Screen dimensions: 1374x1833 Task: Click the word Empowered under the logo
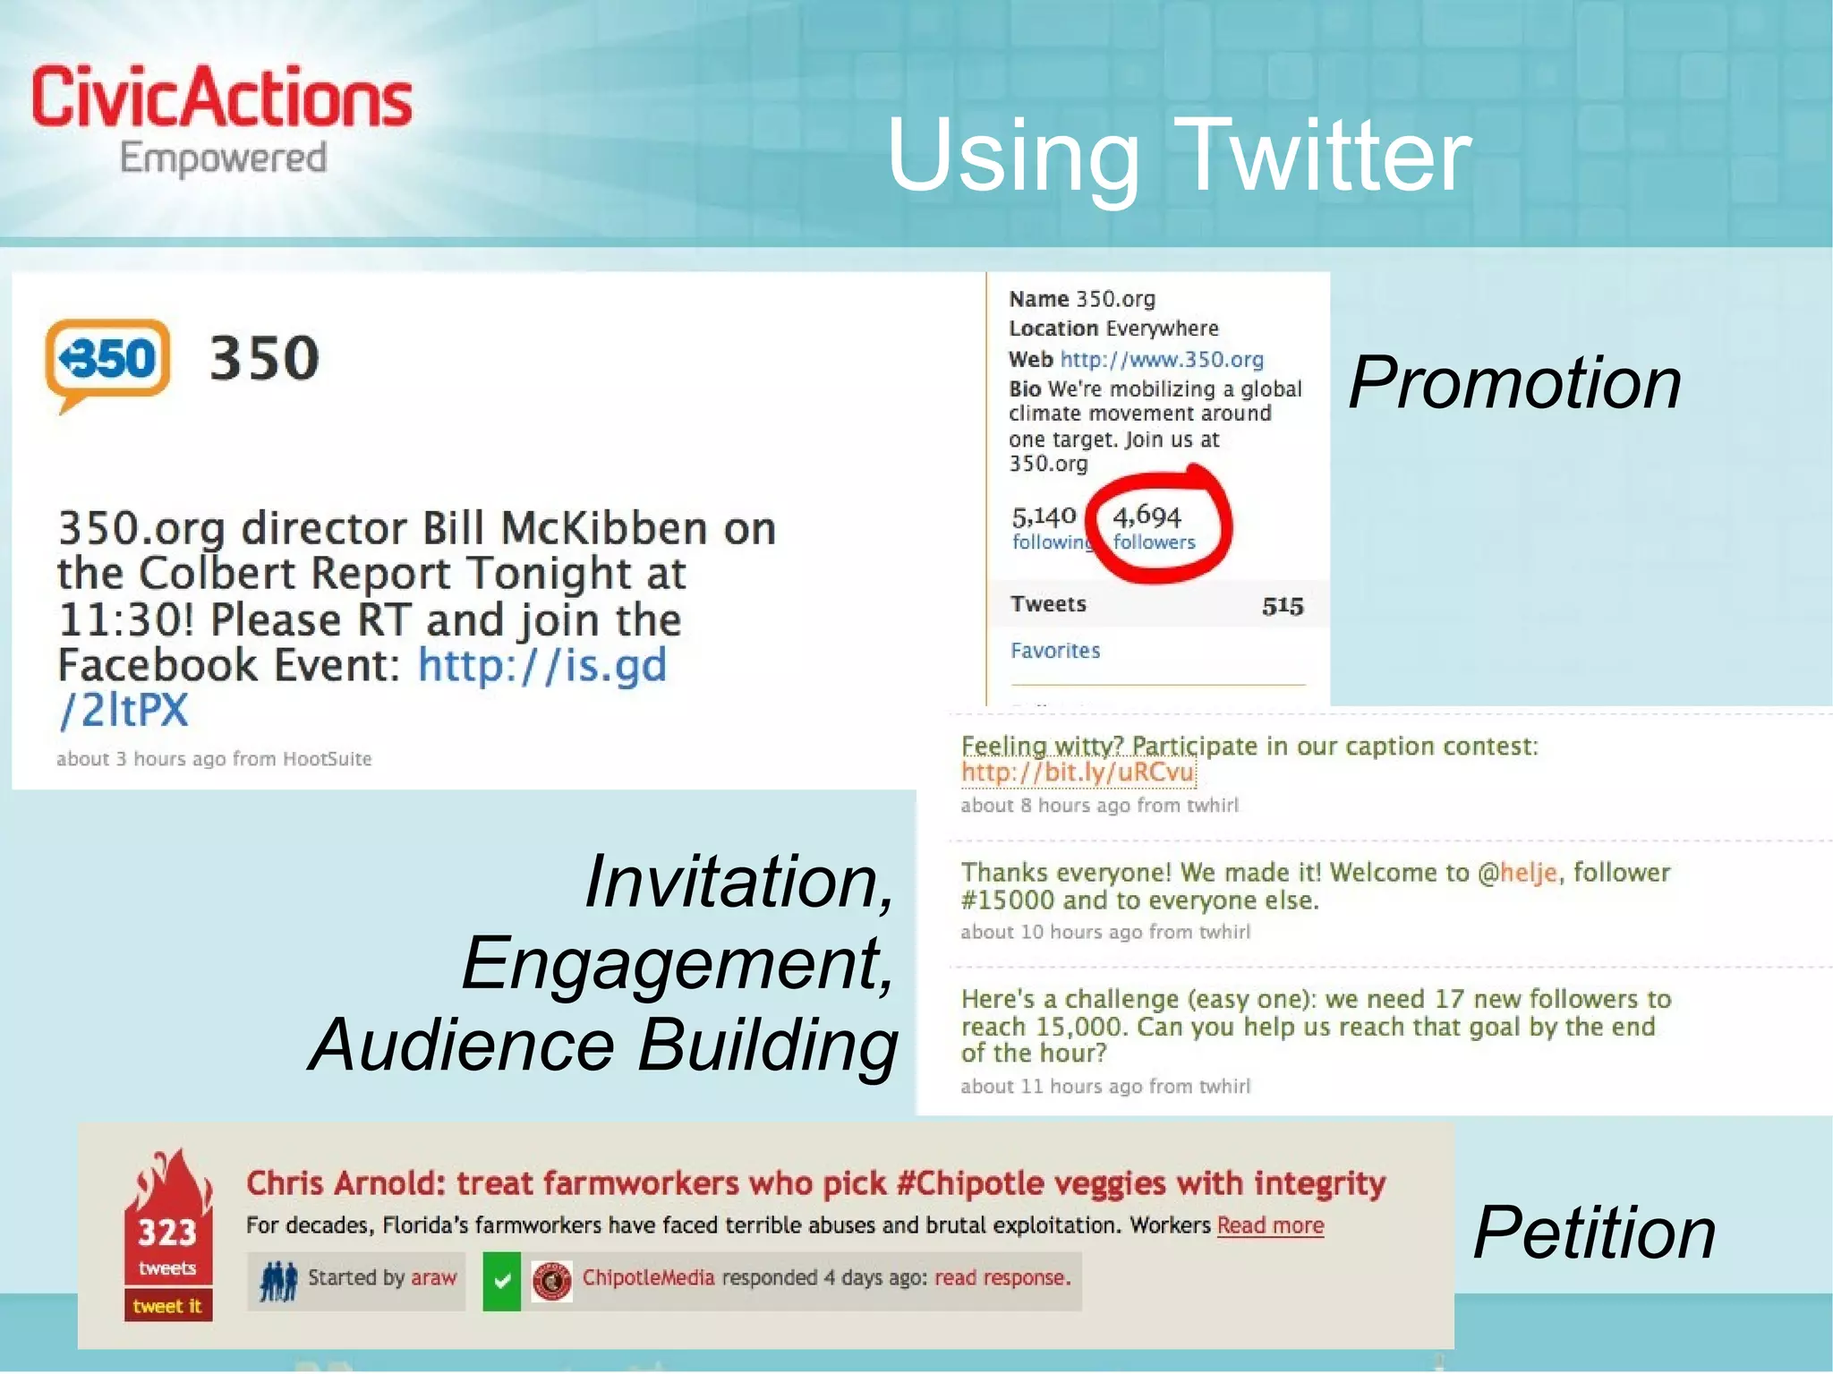tap(223, 158)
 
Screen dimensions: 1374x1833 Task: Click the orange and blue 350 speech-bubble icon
tap(107, 361)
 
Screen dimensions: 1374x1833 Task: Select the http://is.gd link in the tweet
tap(542, 665)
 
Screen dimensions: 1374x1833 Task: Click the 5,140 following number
tap(1044, 516)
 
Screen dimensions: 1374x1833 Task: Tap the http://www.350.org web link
tap(1162, 359)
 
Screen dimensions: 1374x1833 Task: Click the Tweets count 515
tap(1282, 606)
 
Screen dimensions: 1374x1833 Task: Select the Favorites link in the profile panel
tap(1055, 651)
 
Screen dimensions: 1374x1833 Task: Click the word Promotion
tap(1514, 382)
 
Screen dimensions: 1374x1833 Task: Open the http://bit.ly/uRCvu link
tap(1078, 772)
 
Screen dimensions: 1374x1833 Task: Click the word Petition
tap(1594, 1233)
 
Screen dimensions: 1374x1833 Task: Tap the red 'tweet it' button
tap(167, 1306)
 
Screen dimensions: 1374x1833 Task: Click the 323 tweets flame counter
tap(167, 1234)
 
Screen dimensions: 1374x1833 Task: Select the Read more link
tap(1270, 1225)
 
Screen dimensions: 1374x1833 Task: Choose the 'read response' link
tap(1002, 1278)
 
